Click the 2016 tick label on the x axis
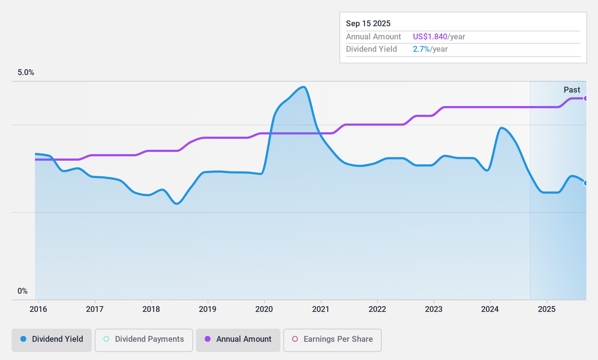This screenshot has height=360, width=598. [x=38, y=309]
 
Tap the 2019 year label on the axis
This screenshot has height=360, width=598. [x=208, y=309]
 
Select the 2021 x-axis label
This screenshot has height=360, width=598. [x=320, y=309]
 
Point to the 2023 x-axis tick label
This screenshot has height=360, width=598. [x=434, y=309]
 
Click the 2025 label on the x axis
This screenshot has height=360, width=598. [x=547, y=309]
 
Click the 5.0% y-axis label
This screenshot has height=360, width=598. [x=26, y=73]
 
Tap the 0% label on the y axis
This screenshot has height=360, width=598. [x=23, y=291]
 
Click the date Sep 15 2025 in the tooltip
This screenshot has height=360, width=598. [x=368, y=24]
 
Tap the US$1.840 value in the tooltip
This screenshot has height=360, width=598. [x=430, y=37]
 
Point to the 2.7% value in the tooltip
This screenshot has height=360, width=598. [x=421, y=49]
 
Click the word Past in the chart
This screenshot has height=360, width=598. [x=572, y=90]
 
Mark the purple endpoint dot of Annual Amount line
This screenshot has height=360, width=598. [x=586, y=98]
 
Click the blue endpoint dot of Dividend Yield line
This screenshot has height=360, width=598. [x=586, y=183]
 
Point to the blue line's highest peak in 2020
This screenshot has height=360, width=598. [x=303, y=87]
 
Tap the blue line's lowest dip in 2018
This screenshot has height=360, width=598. [x=177, y=204]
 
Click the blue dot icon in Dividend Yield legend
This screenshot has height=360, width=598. [x=23, y=339]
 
